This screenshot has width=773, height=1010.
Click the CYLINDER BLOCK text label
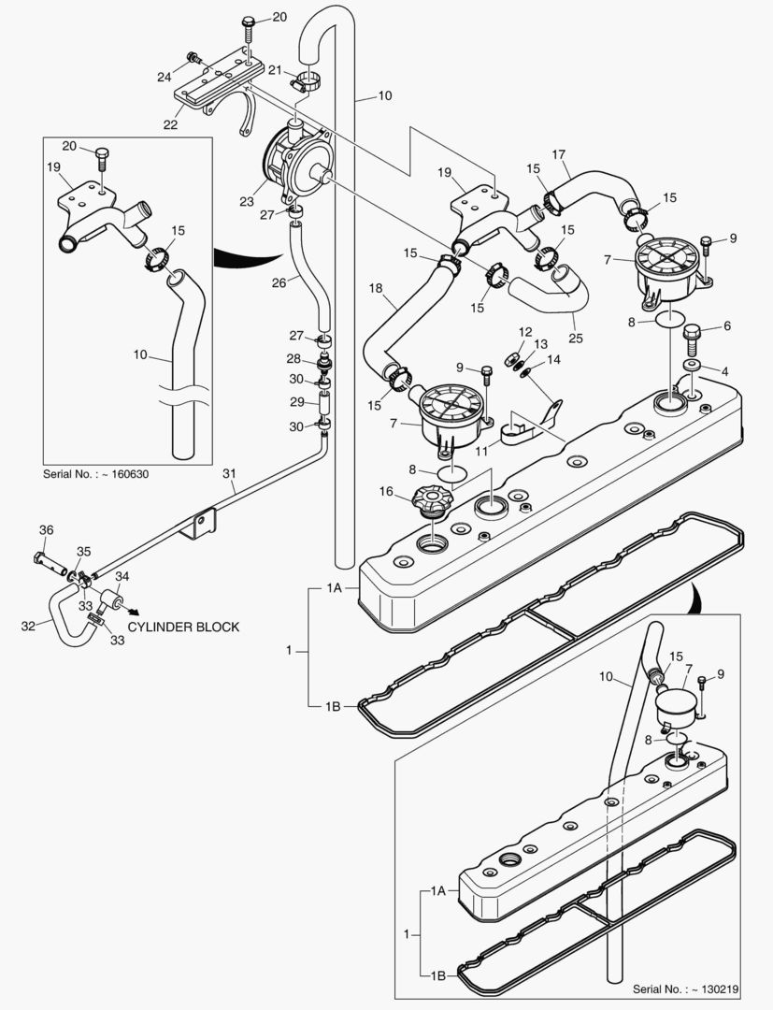[183, 627]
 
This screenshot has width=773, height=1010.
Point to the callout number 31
[231, 474]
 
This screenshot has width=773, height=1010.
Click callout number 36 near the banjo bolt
[47, 530]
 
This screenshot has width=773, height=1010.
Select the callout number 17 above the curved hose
[559, 155]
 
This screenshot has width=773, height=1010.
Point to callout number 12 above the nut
[525, 331]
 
